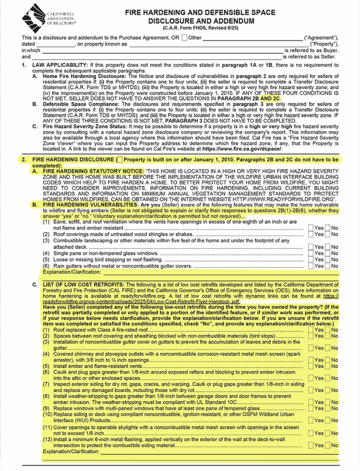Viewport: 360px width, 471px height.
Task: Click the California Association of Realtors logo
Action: click(x=34, y=18)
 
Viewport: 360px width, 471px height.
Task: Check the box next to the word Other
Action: click(x=184, y=37)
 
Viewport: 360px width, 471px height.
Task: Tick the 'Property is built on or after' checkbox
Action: click(x=120, y=160)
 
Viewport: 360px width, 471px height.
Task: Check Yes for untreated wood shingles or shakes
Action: click(x=311, y=234)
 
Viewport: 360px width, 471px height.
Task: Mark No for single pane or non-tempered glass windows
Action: click(x=327, y=253)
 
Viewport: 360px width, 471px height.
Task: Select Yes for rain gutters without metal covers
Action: click(x=311, y=266)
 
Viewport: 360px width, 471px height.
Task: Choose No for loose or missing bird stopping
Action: click(x=327, y=259)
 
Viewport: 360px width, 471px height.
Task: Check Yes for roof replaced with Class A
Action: click(x=311, y=330)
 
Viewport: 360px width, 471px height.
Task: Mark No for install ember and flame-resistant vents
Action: click(x=327, y=366)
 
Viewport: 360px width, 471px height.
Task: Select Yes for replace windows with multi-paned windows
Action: click(x=311, y=408)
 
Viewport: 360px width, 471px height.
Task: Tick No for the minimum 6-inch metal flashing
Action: click(x=327, y=445)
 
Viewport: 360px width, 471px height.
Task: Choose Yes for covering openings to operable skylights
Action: click(x=311, y=433)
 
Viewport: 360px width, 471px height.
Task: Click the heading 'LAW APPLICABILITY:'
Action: click(x=57, y=65)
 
